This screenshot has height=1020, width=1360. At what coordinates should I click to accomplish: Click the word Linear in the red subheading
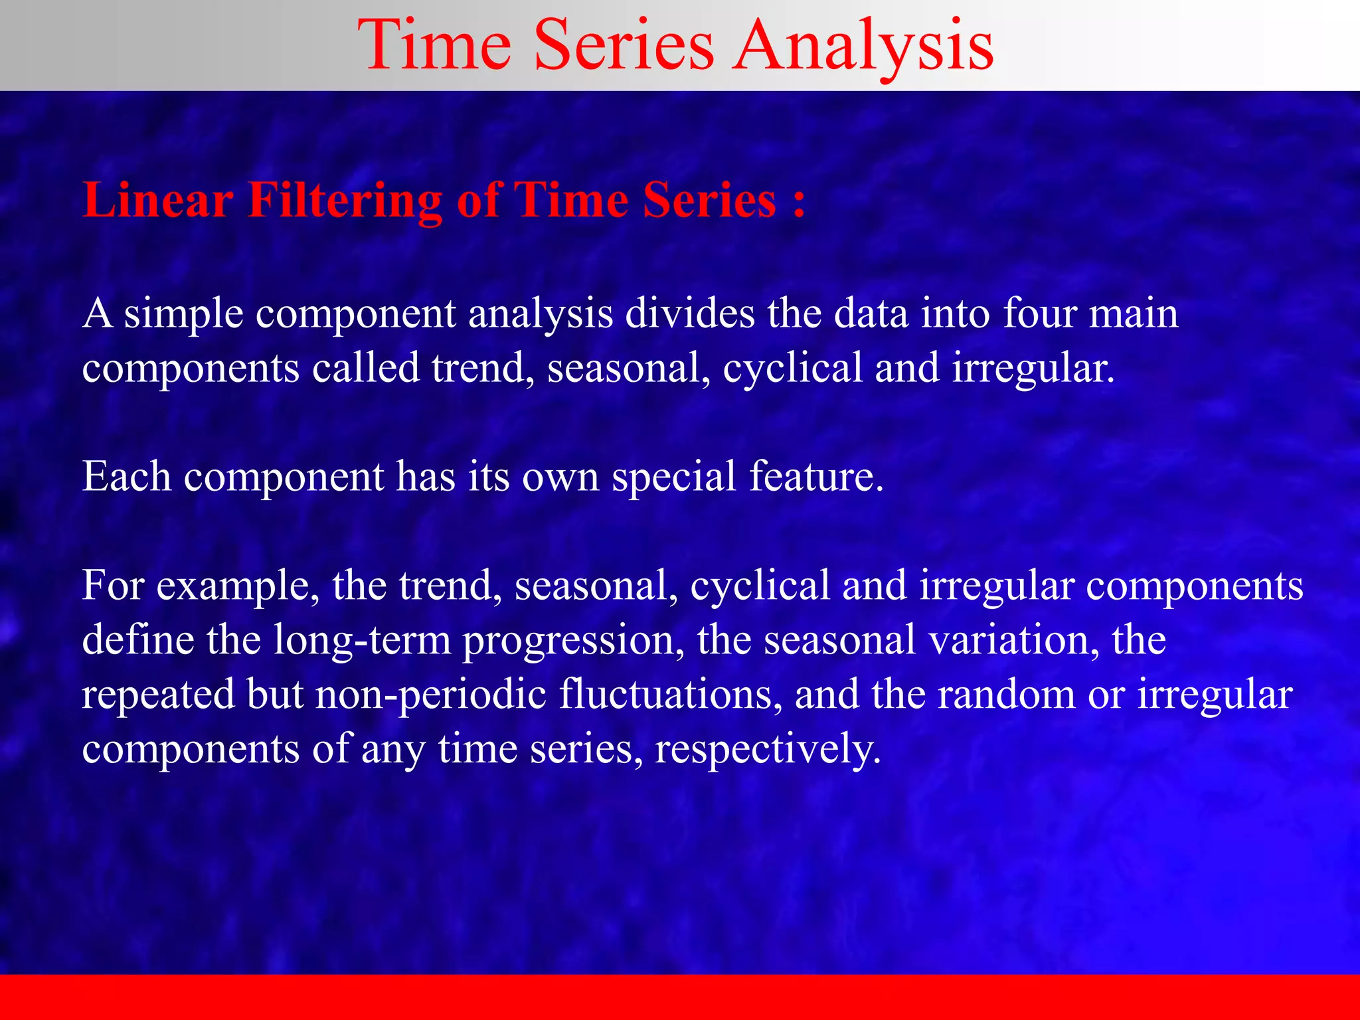pos(158,200)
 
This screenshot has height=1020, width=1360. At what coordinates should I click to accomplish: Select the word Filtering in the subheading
pos(345,200)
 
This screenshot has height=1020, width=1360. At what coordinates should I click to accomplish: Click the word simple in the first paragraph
pos(183,314)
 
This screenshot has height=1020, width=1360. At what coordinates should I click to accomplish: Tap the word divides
pos(689,313)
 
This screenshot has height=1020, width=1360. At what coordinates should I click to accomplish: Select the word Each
pos(127,476)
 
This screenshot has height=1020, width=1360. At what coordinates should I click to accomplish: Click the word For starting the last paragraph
pos(113,585)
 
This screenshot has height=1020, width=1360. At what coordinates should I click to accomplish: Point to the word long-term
pos(362,641)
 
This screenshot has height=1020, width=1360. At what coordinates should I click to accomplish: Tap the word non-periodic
pos(430,695)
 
